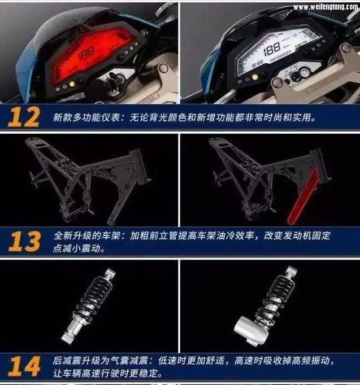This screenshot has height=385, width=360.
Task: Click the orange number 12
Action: point(24,117)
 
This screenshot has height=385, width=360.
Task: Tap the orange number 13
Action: point(24,242)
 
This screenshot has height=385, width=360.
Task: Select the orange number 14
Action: point(24,366)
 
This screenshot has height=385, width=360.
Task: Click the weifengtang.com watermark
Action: point(326,7)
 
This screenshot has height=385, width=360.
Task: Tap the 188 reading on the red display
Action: point(86,54)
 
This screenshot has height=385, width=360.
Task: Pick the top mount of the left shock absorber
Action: point(110,274)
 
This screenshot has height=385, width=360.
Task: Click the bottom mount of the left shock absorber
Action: point(68,337)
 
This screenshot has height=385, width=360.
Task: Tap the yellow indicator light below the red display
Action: point(72,84)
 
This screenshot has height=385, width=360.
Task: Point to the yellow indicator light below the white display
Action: point(255,77)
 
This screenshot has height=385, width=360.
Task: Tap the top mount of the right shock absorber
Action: point(291,271)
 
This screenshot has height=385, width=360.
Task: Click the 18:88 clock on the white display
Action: point(257,63)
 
